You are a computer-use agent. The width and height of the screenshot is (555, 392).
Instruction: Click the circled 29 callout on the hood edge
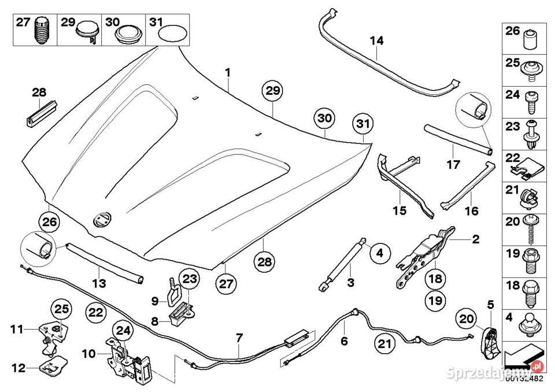point(272,91)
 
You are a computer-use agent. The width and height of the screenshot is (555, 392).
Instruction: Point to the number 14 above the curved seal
point(376,40)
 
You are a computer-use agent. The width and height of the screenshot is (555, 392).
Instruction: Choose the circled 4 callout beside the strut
point(380,253)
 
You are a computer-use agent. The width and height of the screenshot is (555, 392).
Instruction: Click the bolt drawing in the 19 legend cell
point(531,261)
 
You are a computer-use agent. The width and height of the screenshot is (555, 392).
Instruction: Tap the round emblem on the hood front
point(102,220)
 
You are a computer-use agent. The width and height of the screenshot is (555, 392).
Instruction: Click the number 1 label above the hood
point(228,73)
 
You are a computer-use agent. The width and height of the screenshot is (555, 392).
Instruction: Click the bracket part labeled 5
point(491,342)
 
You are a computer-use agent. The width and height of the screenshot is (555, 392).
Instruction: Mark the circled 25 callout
point(62,309)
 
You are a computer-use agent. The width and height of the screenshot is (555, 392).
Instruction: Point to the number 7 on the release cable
point(239,338)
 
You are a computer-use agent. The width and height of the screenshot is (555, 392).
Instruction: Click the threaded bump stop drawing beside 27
point(42,31)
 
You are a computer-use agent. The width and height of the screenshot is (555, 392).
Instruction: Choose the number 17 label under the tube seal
point(453,165)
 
